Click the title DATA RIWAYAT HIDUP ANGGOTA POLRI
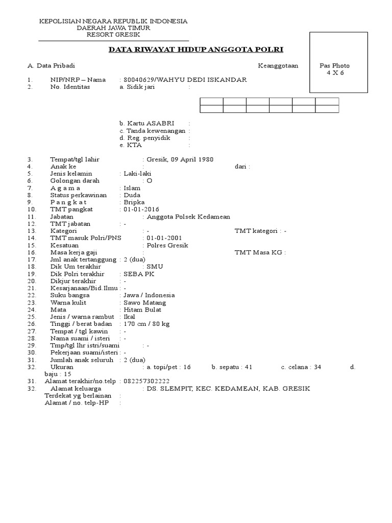pos(197,50)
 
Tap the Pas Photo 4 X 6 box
pos(338,62)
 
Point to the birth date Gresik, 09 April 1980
pos(180,159)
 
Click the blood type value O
pos(149,181)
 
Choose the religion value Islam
pos(132,188)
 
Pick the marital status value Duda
pos(132,195)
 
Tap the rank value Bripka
pos(134,202)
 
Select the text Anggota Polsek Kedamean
pos(188,217)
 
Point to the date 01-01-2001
pos(164,238)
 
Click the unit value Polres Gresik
pos(167,245)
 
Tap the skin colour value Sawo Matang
pos(144,302)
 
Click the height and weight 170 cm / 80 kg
pos(146,324)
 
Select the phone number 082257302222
pos(146,381)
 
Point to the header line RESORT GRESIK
pos(113,35)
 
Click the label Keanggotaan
pos(278,65)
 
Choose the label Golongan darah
pos(75,181)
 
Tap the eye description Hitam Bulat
pos(142,310)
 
